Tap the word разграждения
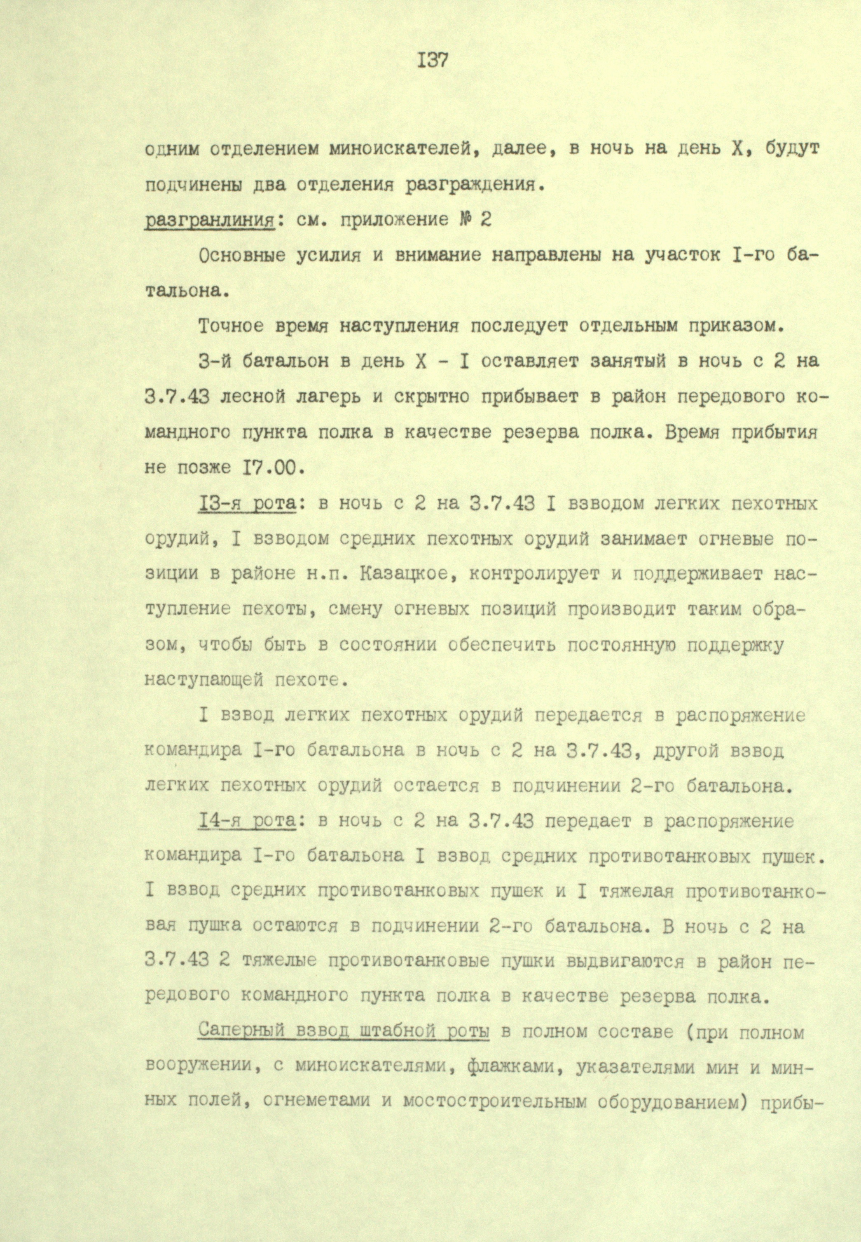[x=470, y=185]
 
